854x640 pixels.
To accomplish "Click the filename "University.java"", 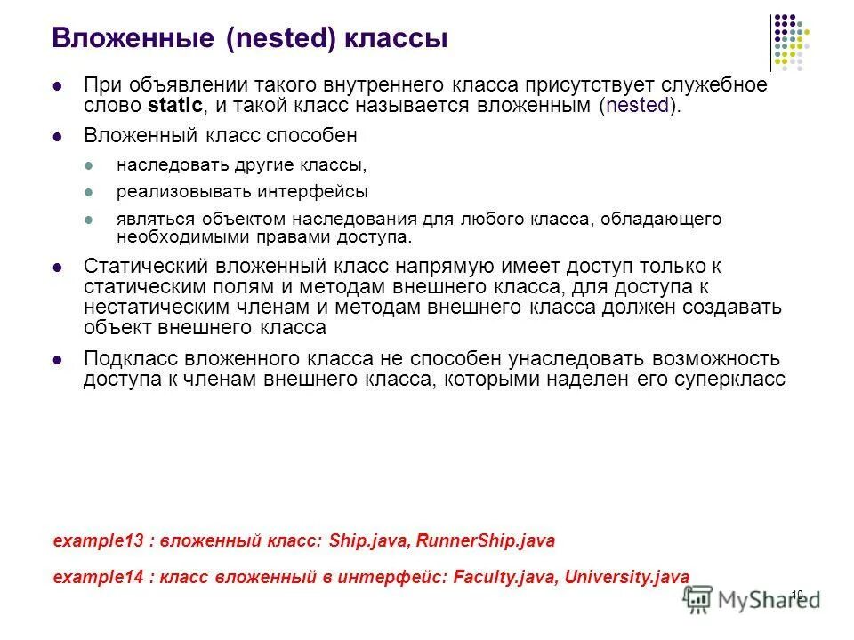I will (626, 576).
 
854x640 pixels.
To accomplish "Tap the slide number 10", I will (797, 594).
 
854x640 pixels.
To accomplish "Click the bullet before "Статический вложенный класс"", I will (58, 267).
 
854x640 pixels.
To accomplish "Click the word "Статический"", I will (135, 266).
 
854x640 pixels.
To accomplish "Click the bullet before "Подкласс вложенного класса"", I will (58, 359).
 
